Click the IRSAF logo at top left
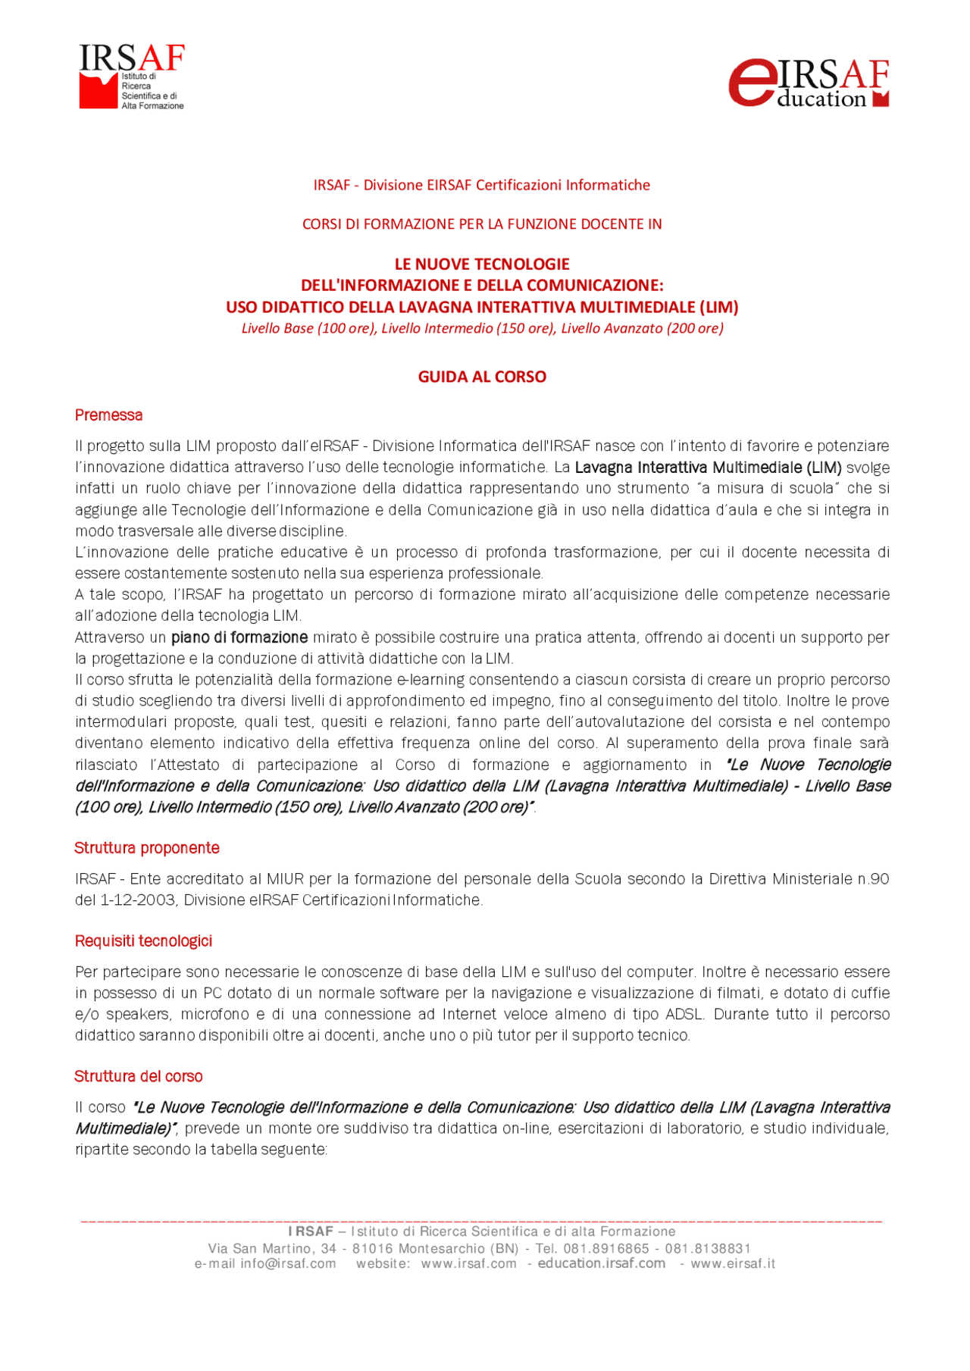point(131,77)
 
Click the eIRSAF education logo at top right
point(808,83)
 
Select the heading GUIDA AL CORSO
point(482,377)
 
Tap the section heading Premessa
point(108,415)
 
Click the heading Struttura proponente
point(147,848)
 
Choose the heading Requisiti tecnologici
point(143,941)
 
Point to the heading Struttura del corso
point(139,1076)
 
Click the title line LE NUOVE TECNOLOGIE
point(482,264)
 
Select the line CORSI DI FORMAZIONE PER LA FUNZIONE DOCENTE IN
point(482,224)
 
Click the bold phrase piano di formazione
point(239,637)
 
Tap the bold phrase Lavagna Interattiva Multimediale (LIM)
point(708,468)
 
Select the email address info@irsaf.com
point(288,1263)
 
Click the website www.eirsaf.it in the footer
point(733,1263)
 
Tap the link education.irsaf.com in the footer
point(602,1263)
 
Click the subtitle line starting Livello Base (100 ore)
point(482,328)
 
